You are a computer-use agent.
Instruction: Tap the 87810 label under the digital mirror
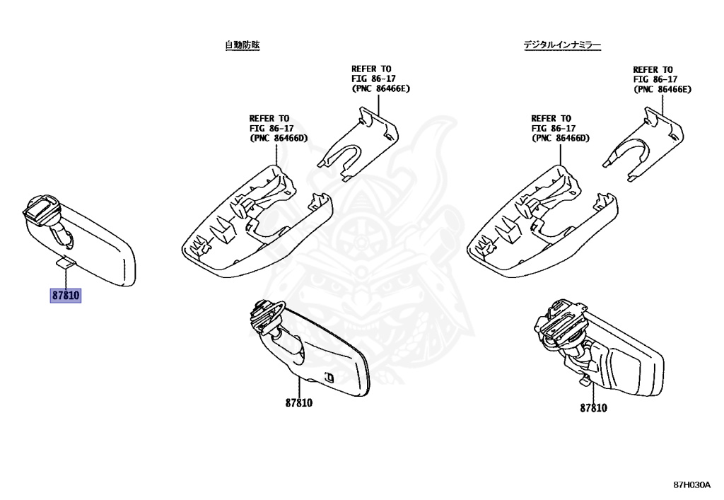click(x=593, y=407)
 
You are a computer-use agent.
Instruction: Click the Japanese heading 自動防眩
click(x=243, y=45)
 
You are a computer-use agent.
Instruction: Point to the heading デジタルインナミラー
click(x=562, y=45)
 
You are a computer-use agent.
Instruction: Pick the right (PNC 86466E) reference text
click(x=662, y=89)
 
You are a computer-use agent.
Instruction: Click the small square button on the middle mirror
click(x=328, y=378)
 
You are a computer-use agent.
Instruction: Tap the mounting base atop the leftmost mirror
click(x=41, y=209)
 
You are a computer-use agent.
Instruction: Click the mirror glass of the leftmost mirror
click(x=99, y=251)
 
